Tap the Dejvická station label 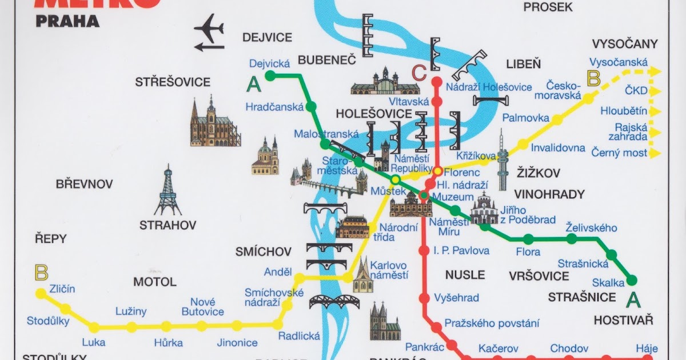[x=270, y=64]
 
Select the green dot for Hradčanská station [x=311, y=106]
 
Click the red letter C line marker [x=419, y=73]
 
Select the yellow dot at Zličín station [x=41, y=293]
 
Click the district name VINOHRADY [x=549, y=194]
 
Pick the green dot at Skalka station [x=632, y=280]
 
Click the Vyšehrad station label [x=456, y=298]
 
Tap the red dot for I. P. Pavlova [x=424, y=250]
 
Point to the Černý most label [x=620, y=153]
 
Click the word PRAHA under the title [x=67, y=22]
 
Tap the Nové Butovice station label [x=203, y=307]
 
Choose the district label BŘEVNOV [x=84, y=185]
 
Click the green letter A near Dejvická [x=253, y=85]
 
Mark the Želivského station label [x=591, y=228]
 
